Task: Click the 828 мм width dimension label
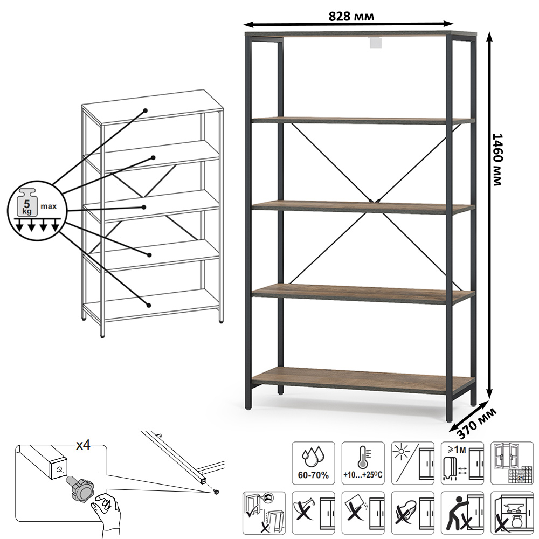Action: pyautogui.click(x=351, y=17)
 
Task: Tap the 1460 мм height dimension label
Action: pyautogui.click(x=497, y=160)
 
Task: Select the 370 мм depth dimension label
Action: pyautogui.click(x=477, y=424)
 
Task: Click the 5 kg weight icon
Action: pyautogui.click(x=27, y=203)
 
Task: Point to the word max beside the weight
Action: pyautogui.click(x=49, y=206)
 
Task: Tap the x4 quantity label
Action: pyautogui.click(x=83, y=445)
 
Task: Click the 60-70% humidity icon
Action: pyautogui.click(x=313, y=463)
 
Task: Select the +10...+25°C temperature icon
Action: pyautogui.click(x=363, y=463)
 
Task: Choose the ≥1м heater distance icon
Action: pyautogui.click(x=462, y=463)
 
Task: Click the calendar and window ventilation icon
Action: pyautogui.click(x=512, y=463)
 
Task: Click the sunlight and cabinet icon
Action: pyautogui.click(x=412, y=463)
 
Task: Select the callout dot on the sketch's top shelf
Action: pyautogui.click(x=146, y=110)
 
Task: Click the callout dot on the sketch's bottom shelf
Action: pyautogui.click(x=149, y=305)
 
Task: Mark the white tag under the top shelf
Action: pyautogui.click(x=376, y=42)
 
